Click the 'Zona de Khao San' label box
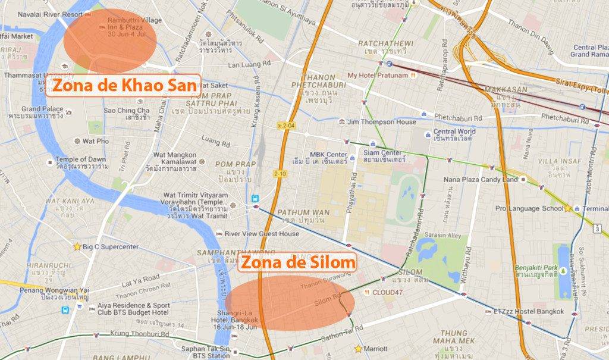pos(123,86)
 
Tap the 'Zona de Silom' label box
pos(297,262)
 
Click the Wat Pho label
pos(96,141)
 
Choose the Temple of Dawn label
pos(80,159)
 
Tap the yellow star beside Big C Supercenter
pos(77,246)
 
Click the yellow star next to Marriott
pos(358,349)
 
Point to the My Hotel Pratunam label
pos(378,76)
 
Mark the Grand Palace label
pos(42,109)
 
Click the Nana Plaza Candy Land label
pos(481,179)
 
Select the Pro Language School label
pos(529,209)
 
